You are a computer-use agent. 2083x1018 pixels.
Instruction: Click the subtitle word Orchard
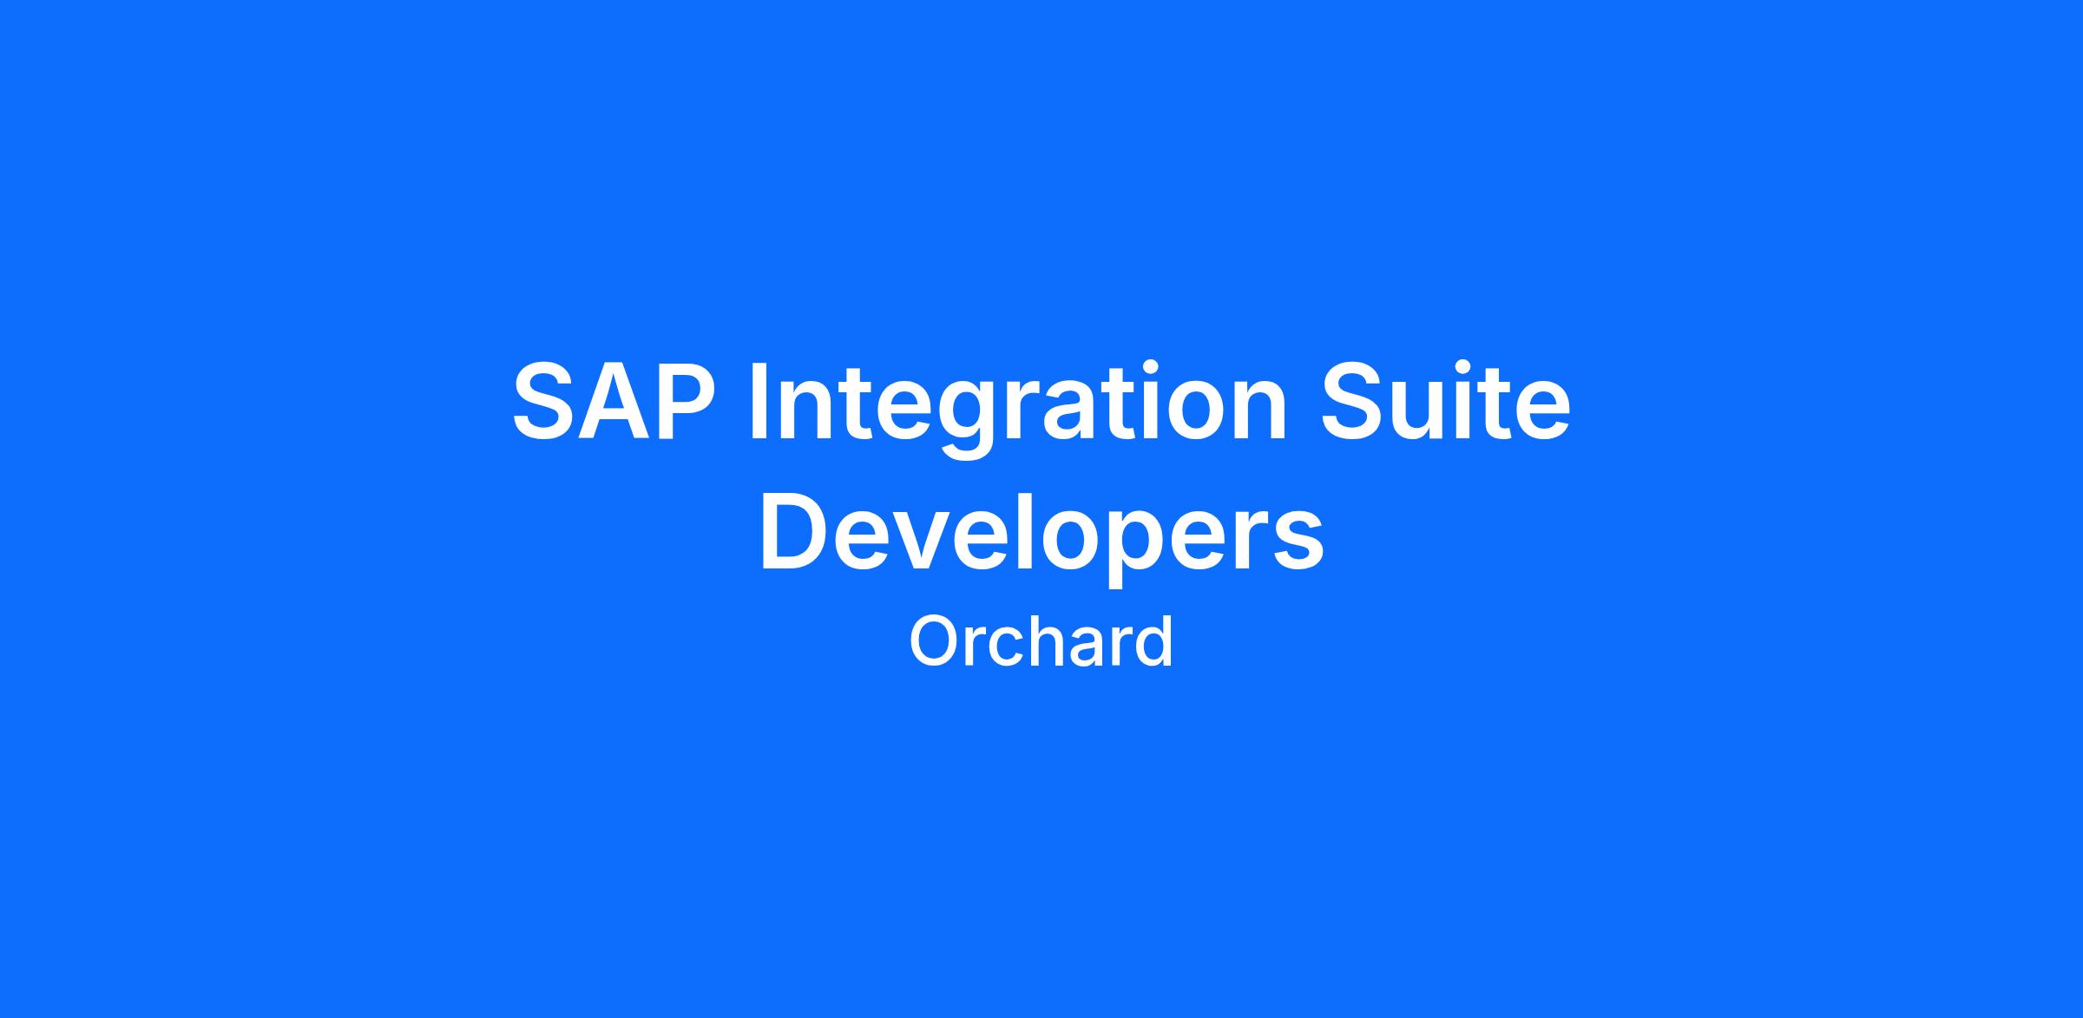coord(1041,640)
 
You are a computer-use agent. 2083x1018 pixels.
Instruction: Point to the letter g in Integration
coord(965,421)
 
